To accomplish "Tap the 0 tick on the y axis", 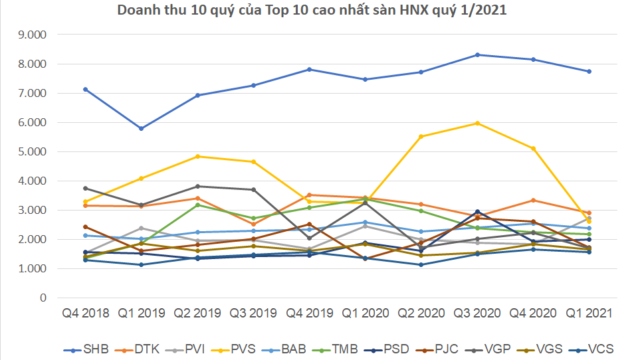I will (x=43, y=298).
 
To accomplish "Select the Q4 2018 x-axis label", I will (x=86, y=312).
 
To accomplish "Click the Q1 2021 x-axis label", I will (x=589, y=312).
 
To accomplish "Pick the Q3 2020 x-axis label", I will (x=477, y=312).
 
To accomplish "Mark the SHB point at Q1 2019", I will (x=142, y=128).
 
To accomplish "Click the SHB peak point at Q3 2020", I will (x=477, y=54).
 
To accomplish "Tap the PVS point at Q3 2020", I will (x=477, y=123).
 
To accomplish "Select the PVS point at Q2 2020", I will (x=421, y=136).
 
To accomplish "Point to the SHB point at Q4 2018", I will (x=86, y=89).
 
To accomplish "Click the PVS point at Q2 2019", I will (x=197, y=156).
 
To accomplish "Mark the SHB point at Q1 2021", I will (x=589, y=71).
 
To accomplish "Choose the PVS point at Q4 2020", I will (x=533, y=148).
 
